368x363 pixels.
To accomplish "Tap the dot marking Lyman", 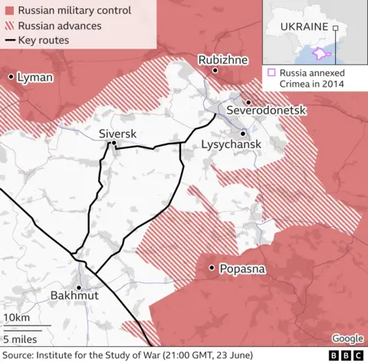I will [x=11, y=77].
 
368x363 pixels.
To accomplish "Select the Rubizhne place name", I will [x=222, y=59].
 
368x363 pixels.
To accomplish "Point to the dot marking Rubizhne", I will [x=215, y=71].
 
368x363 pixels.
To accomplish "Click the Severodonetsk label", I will [x=265, y=111].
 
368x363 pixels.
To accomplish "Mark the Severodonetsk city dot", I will [x=248, y=101].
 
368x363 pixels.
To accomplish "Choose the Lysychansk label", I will [x=231, y=145].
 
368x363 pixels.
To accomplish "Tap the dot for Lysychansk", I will [x=243, y=133].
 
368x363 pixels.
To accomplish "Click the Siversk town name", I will [x=117, y=134].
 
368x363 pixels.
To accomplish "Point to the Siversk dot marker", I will [x=113, y=143].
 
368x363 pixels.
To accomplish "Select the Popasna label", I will [x=242, y=269].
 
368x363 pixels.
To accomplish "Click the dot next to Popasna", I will [x=211, y=268].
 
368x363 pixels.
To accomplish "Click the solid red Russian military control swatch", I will [x=9, y=12].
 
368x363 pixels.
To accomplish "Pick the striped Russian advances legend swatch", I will [x=9, y=26].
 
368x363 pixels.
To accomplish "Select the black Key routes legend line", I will [x=9, y=40].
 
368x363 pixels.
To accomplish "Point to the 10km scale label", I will [x=17, y=318].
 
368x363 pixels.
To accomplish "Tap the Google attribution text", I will [x=347, y=338].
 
